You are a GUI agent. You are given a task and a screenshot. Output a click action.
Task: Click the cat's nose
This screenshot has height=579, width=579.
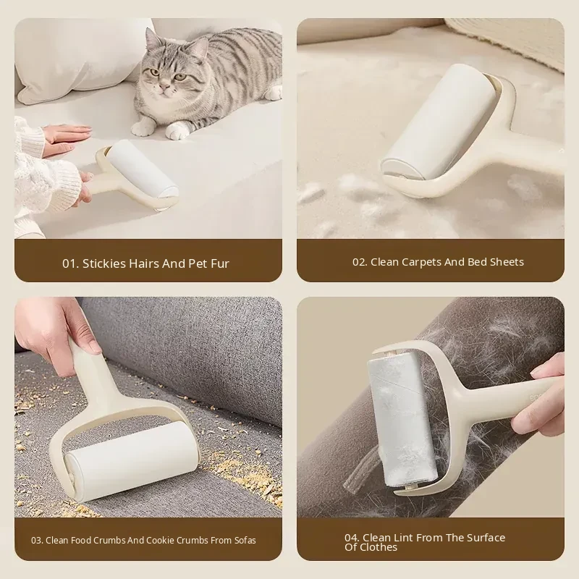(x=165, y=85)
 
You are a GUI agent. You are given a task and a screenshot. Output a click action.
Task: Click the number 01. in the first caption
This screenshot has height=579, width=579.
(x=70, y=263)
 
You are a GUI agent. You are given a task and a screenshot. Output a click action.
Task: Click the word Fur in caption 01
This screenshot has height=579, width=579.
(x=220, y=263)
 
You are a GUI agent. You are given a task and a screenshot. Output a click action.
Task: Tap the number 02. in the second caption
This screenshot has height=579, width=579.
(x=360, y=262)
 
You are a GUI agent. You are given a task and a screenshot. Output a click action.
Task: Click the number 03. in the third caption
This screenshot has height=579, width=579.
(x=37, y=541)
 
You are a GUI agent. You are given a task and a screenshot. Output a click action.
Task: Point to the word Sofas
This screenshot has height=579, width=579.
(x=245, y=540)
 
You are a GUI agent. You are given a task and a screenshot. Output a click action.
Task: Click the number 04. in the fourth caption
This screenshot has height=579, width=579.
(x=352, y=538)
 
